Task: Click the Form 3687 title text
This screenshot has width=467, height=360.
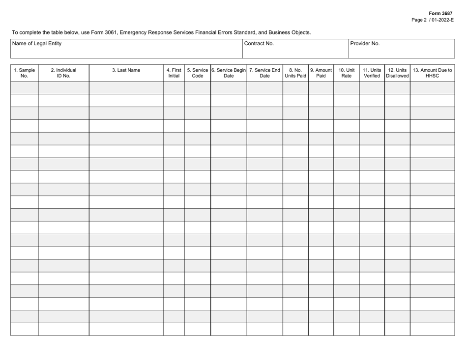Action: [440, 13]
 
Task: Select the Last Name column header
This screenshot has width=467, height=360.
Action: [126, 70]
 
